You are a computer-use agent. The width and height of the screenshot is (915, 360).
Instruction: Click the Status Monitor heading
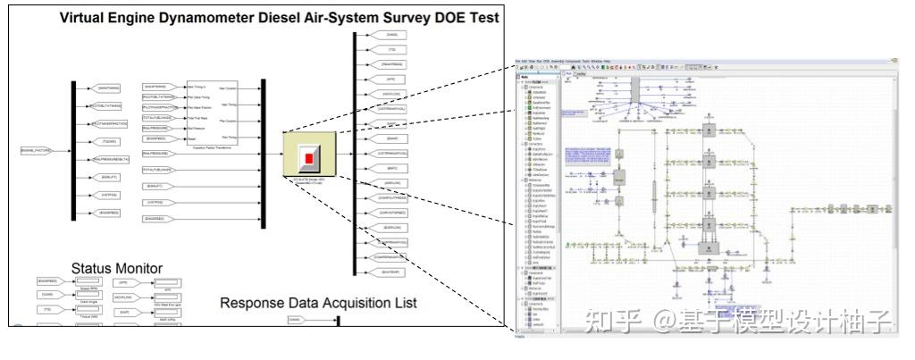point(117,268)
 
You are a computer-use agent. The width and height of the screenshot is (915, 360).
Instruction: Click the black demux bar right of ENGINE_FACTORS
point(73,149)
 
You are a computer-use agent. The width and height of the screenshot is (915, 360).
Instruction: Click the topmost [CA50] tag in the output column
point(390,35)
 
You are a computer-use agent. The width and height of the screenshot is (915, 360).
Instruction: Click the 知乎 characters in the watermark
point(602,320)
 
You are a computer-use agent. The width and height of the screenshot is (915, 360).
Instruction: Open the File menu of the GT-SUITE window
point(519,62)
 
